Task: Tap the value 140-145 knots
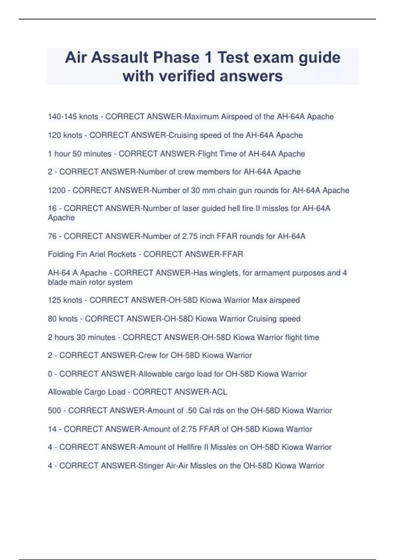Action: pyautogui.click(x=73, y=117)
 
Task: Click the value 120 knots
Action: pyautogui.click(x=65, y=135)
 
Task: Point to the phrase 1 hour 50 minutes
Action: pyautogui.click(x=79, y=154)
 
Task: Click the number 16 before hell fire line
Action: pyautogui.click(x=52, y=209)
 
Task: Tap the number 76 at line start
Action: pyautogui.click(x=52, y=236)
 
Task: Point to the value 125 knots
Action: pyautogui.click(x=65, y=300)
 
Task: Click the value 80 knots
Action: pyautogui.click(x=63, y=319)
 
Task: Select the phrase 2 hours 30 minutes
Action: pyautogui.click(x=81, y=337)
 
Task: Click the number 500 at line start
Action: pyautogui.click(x=54, y=410)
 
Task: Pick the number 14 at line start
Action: pyautogui.click(x=52, y=429)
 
